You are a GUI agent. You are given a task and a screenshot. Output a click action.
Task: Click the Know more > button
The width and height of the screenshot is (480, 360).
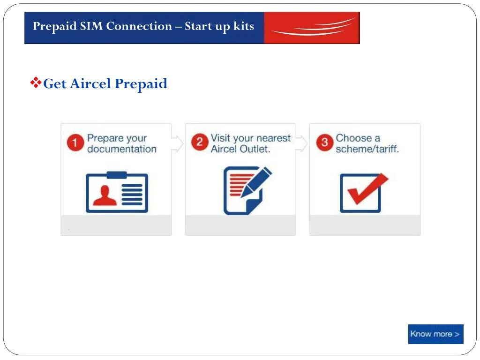[435, 334]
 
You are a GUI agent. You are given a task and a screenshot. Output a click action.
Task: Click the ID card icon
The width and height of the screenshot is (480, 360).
[117, 192]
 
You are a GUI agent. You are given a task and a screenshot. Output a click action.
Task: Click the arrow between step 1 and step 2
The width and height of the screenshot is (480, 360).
[178, 143]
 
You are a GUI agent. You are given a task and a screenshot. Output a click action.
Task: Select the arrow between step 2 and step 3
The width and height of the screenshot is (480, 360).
[302, 143]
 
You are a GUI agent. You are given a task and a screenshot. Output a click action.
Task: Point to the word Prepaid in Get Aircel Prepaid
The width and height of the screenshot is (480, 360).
[141, 84]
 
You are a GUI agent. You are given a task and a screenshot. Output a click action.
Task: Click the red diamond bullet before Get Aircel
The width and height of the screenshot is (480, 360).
[36, 83]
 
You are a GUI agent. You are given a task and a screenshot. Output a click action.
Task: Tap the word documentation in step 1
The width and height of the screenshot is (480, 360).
[122, 150]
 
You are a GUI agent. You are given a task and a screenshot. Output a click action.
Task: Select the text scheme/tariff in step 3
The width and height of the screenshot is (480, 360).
[367, 150]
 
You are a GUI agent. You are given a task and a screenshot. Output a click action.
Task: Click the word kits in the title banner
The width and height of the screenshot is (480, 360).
[244, 26]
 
